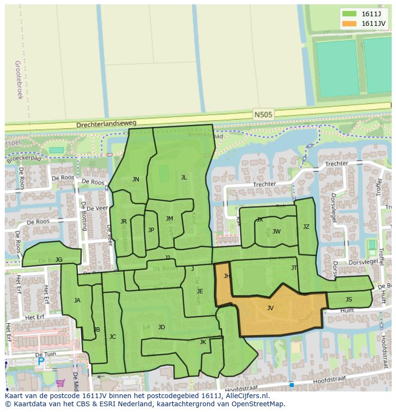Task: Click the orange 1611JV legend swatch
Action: coord(349,23)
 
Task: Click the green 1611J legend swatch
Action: coord(349,14)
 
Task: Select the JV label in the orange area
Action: coord(270,308)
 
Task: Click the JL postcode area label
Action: coord(184,177)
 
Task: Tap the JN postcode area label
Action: coord(136,179)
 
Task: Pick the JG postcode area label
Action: coord(59,260)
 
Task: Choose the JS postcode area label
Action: coord(349,300)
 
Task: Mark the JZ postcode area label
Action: coord(306,227)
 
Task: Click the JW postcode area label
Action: coord(276,232)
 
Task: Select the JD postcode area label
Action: coord(162,327)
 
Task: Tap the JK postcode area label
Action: coord(203,342)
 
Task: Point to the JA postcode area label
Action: coord(77,301)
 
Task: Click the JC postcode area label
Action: coord(112,337)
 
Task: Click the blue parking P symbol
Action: coord(41,362)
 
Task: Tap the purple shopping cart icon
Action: coord(60,383)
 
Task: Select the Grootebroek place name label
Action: coord(19,79)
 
